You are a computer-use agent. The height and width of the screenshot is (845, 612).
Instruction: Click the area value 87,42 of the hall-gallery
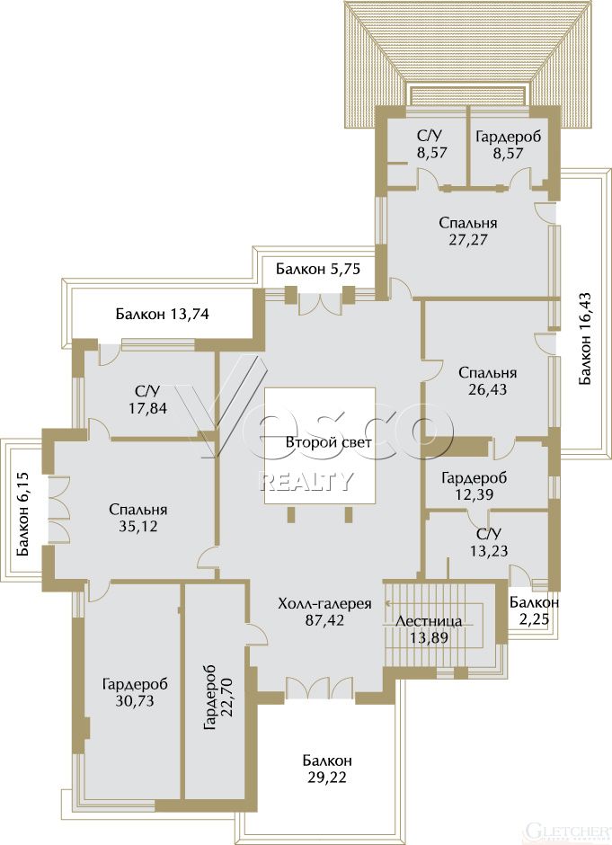(324, 620)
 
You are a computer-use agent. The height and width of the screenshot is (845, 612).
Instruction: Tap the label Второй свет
(329, 443)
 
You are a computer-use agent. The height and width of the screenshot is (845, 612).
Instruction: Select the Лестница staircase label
(429, 621)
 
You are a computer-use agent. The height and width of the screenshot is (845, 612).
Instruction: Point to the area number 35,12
(137, 527)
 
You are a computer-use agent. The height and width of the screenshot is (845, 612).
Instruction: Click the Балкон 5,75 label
(318, 269)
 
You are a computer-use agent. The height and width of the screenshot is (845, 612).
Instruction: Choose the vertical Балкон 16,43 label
(586, 338)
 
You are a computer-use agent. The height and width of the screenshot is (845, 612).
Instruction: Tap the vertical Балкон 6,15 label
(23, 515)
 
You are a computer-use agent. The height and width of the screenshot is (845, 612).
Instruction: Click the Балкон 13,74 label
(162, 314)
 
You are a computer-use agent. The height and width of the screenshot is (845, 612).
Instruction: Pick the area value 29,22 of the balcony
(326, 778)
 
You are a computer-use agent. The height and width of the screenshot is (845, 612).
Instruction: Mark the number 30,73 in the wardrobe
(134, 701)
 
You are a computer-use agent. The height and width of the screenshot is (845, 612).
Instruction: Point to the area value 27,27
(467, 240)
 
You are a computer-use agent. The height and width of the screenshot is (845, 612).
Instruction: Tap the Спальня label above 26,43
(488, 373)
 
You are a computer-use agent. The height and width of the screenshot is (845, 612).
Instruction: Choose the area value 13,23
(489, 551)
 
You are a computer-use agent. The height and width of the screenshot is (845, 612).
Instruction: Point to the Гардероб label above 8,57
(508, 137)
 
